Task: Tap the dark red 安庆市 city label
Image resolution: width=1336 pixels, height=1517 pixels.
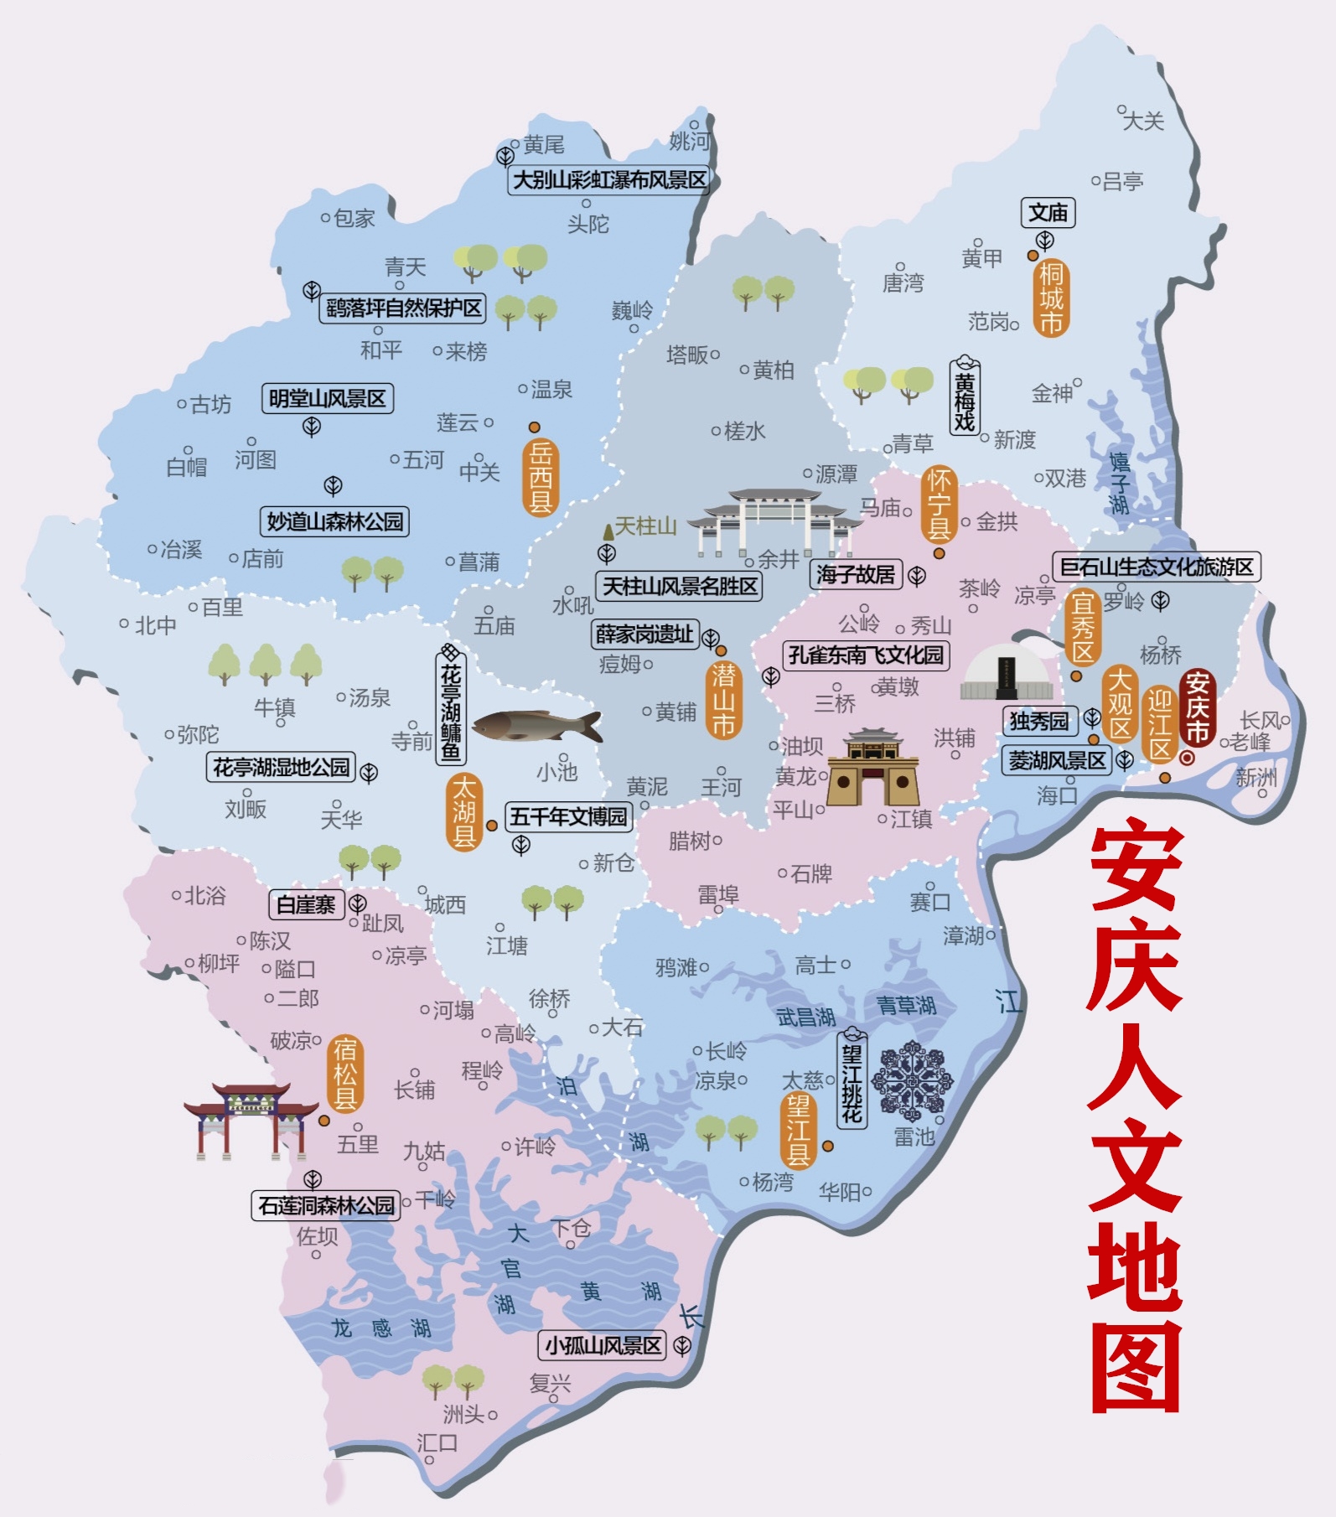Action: coord(1197,708)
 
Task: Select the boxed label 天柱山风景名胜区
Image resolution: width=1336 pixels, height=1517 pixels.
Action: coord(679,586)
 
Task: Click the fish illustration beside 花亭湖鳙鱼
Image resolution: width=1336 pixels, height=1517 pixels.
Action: coord(537,726)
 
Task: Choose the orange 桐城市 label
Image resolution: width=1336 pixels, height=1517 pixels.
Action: coord(1051,298)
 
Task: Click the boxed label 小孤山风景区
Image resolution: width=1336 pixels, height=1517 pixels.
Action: coord(603,1346)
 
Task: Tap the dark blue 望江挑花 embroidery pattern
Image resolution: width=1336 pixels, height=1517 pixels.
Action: coord(911,1080)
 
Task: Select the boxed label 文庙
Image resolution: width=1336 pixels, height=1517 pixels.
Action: coord(1048,213)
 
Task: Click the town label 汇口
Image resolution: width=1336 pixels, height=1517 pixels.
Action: coord(438,1442)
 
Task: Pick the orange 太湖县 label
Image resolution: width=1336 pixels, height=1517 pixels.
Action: coord(463,811)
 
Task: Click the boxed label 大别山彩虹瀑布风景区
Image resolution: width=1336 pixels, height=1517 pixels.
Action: coord(608,180)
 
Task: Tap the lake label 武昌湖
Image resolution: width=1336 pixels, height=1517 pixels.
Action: coord(805,1017)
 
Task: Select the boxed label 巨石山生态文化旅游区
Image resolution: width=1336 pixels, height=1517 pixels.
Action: coord(1156,567)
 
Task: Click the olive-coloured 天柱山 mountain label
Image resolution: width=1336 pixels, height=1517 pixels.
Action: coord(645,526)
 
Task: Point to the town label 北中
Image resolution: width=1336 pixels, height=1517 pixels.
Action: coord(156,625)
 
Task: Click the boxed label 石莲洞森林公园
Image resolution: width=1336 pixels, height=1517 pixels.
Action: coord(325,1206)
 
